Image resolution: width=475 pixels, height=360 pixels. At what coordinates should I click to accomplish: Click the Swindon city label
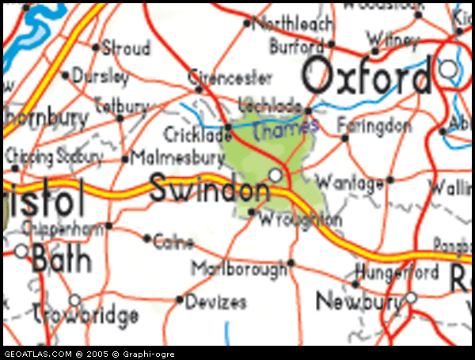pos(209,191)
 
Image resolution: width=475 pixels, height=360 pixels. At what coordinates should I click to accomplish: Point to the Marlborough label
pos(238,270)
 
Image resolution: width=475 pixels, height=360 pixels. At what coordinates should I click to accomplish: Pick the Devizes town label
pos(216,302)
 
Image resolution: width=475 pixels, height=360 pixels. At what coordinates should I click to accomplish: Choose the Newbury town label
pos(358,301)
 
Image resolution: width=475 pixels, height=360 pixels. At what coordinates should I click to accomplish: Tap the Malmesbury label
pos(178,157)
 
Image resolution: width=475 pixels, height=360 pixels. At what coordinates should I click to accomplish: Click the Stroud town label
pos(126,48)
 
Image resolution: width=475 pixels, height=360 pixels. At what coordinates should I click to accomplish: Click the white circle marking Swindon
pos(275,173)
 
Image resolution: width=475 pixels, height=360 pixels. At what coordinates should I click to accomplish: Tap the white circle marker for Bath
pos(21,252)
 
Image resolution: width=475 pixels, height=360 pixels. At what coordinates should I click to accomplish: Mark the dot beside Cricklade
pos(228,127)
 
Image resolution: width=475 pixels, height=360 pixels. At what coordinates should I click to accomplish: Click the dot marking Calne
pos(147,237)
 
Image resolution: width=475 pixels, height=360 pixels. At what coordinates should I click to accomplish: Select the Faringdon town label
pos(374,125)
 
